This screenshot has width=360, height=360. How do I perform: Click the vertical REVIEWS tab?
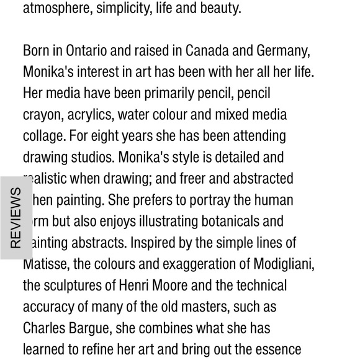[x=16, y=217]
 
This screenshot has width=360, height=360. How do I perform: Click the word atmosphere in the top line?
[x=56, y=9]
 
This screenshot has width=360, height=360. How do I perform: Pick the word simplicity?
[x=126, y=9]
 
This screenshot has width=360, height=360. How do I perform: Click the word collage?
[x=43, y=136]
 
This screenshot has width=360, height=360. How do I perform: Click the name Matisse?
[x=46, y=264]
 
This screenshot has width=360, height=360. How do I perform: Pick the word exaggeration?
[x=197, y=264]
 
